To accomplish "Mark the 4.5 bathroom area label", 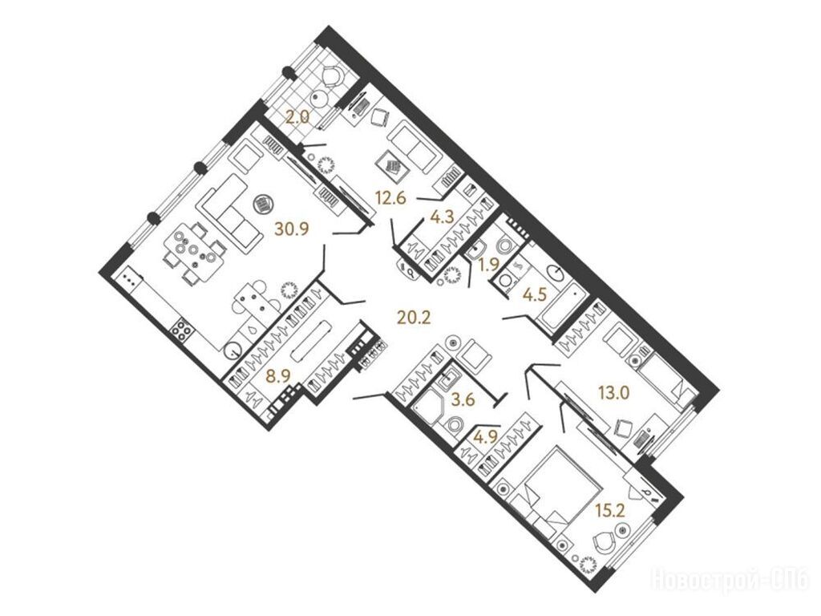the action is (535, 294).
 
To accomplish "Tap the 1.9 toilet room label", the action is (490, 265).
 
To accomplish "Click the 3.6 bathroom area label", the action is (463, 400).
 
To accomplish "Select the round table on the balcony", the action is (319, 99).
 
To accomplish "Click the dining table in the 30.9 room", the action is (194, 251).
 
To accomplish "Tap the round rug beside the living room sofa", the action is (263, 204).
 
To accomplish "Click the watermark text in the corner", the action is (731, 580).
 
